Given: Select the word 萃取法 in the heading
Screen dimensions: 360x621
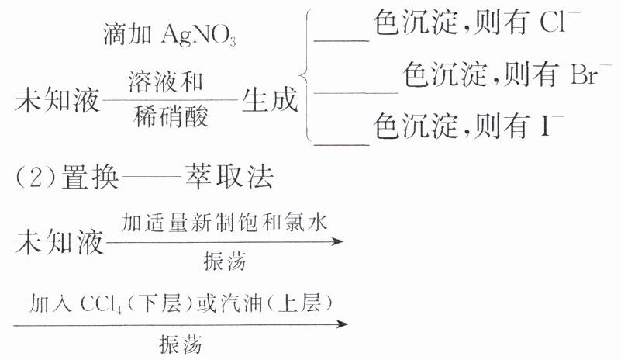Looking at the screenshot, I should (x=229, y=178).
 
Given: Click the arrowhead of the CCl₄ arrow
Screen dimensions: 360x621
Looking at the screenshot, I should (x=342, y=322).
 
